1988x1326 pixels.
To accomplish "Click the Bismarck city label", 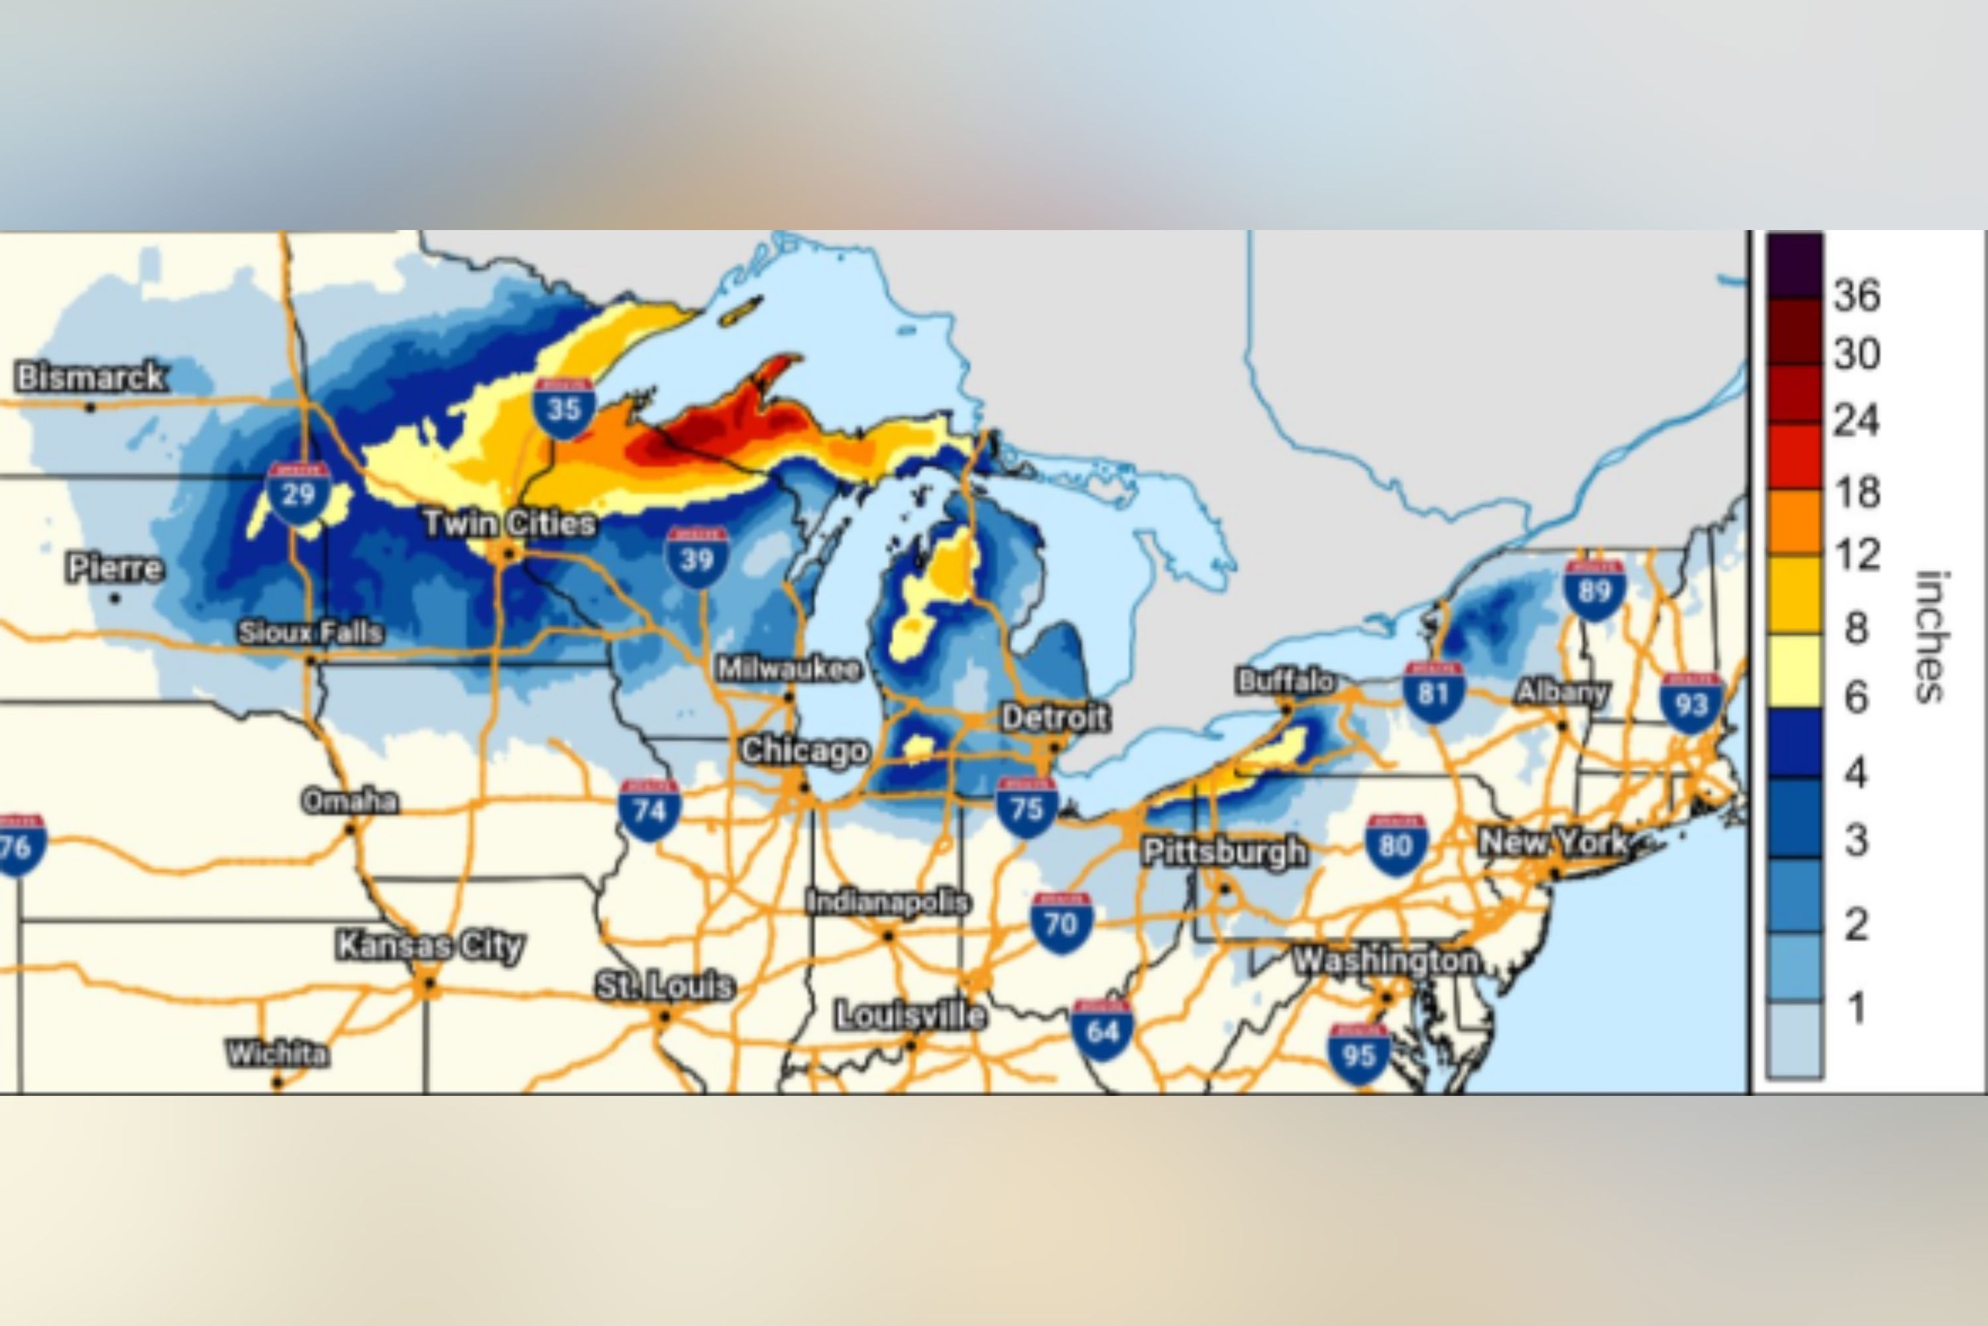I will coord(90,377).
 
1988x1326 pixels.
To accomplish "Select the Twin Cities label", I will coord(510,524).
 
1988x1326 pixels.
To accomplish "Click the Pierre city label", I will coord(115,568).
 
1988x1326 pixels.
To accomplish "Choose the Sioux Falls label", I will coord(310,632).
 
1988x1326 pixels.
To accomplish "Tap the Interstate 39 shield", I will coord(696,558).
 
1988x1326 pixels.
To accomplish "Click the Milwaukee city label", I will coord(789,670).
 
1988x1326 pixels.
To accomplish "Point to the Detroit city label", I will coord(1054,718).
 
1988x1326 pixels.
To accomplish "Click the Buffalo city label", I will coord(1286,682).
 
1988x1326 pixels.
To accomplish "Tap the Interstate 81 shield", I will coord(1433,693).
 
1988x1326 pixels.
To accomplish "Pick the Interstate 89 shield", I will coord(1594,589).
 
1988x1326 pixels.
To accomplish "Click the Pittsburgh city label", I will coord(1224,851).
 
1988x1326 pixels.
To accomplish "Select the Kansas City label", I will coord(430,945).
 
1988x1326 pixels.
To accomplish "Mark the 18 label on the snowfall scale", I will coord(1857,491).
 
